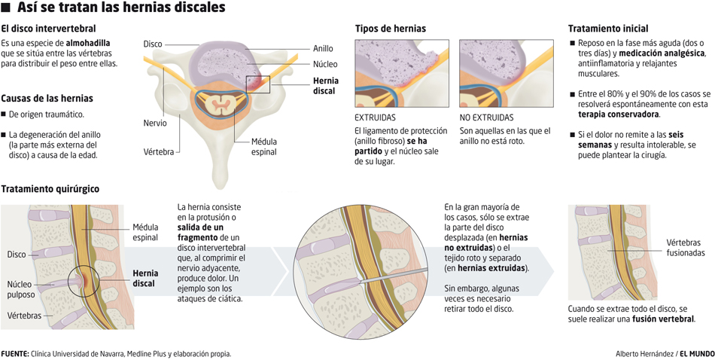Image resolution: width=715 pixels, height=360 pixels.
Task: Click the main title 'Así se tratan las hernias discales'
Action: point(120,8)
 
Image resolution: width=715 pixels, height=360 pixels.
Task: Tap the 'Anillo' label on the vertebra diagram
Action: point(323,49)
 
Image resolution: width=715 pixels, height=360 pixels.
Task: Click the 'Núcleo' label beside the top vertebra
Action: point(325,64)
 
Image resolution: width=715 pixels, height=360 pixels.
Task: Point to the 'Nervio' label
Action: point(155,123)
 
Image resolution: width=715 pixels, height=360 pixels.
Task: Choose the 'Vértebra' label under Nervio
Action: point(159,151)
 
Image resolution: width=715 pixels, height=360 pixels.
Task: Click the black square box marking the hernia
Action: point(258,84)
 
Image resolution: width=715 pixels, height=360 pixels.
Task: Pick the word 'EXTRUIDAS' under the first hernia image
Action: point(375,117)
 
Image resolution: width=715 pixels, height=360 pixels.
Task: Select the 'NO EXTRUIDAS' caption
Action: point(486,117)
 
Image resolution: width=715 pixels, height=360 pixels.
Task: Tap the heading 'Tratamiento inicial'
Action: point(607,29)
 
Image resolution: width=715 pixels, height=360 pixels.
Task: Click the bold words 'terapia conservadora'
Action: point(619,114)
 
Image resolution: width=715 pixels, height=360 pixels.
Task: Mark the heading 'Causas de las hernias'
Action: point(47,98)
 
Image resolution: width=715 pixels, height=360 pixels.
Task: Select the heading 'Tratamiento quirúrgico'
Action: point(50,188)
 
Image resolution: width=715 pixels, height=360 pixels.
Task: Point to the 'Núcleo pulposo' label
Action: point(21,289)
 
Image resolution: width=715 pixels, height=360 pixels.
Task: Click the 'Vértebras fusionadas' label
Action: point(685,248)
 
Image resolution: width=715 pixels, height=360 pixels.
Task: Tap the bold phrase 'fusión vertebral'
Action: point(662,319)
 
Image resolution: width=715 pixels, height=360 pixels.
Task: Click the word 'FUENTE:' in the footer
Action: point(15,353)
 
